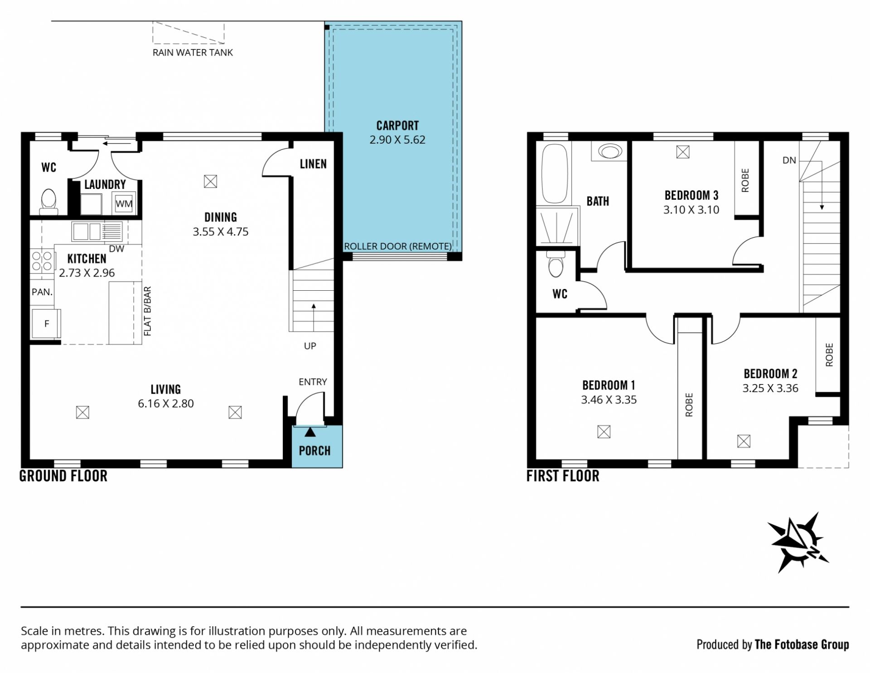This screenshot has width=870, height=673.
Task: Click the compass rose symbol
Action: [x=797, y=542]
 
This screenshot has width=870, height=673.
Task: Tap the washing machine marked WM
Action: [x=124, y=203]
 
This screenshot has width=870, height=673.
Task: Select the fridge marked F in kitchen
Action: [x=46, y=323]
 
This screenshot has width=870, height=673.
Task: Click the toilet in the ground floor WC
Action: [x=48, y=202]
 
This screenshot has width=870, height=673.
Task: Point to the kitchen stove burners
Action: [x=42, y=261]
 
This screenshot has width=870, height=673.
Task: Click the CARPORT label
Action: [x=397, y=125]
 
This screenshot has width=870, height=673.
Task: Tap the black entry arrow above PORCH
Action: [x=310, y=432]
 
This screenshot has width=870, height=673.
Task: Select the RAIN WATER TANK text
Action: [x=193, y=53]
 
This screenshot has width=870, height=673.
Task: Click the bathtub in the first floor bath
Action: [x=554, y=173]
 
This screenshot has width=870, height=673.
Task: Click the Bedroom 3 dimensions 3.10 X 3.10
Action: [x=691, y=210]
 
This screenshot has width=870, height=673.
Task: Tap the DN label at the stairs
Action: [x=789, y=160]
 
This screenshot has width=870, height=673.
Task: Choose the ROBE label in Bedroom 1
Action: [x=689, y=404]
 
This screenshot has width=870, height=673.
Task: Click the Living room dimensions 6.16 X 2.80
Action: [x=166, y=404]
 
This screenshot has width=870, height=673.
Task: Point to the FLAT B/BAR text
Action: [x=147, y=311]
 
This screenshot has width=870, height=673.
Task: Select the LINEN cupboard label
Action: [x=313, y=164]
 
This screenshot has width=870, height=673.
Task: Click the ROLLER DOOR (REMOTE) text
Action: [x=398, y=246]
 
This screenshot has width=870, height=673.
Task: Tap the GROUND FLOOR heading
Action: [x=63, y=476]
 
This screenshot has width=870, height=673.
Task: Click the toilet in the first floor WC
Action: [x=556, y=264]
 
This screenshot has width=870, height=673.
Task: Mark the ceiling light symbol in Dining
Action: [x=210, y=182]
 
